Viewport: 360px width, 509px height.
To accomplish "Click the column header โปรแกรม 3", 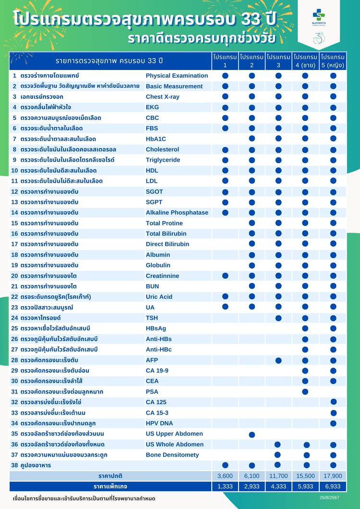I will (278, 61).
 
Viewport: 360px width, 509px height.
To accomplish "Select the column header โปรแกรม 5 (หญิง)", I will (333, 61).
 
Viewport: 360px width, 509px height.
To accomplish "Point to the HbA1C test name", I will (156, 139).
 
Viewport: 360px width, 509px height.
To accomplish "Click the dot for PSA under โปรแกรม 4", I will (306, 391).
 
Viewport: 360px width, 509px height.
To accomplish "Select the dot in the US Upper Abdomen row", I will (252, 434).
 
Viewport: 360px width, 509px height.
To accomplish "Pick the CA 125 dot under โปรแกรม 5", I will (333, 402).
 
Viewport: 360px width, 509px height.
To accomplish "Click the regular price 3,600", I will (225, 476).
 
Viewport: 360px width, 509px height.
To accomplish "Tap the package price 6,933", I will (333, 486).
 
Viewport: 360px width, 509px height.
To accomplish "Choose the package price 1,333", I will (225, 486).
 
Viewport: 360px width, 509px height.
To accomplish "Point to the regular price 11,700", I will (278, 476).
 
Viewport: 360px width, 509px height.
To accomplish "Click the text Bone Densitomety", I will (172, 455).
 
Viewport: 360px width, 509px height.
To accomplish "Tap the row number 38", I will (14, 465).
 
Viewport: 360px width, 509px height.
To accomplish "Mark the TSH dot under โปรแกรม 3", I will (278, 318).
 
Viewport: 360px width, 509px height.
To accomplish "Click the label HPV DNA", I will (159, 423).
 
